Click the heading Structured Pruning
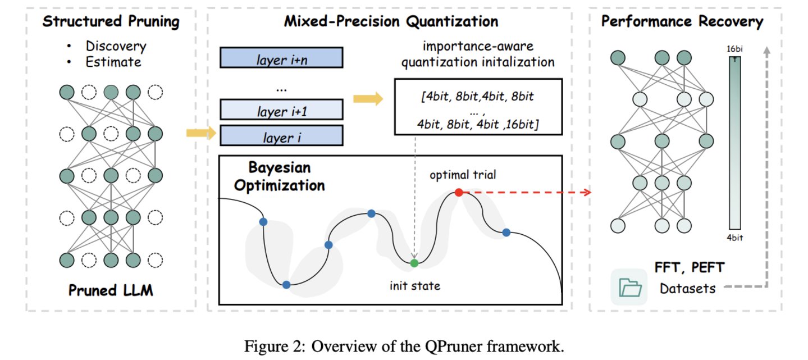coord(111,22)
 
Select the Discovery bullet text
coord(116,46)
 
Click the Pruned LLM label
coord(111,291)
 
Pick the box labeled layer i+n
coord(281,57)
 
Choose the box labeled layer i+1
coord(281,110)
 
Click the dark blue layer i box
coord(281,136)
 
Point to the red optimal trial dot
coord(459,193)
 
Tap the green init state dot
coord(414,263)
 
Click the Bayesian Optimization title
coord(279,177)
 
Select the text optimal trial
coord(463,175)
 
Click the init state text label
coord(415,286)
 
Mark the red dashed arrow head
coord(587,193)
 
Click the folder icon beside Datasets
coord(629,288)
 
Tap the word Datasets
coord(688,289)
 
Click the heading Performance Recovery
coord(682,22)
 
